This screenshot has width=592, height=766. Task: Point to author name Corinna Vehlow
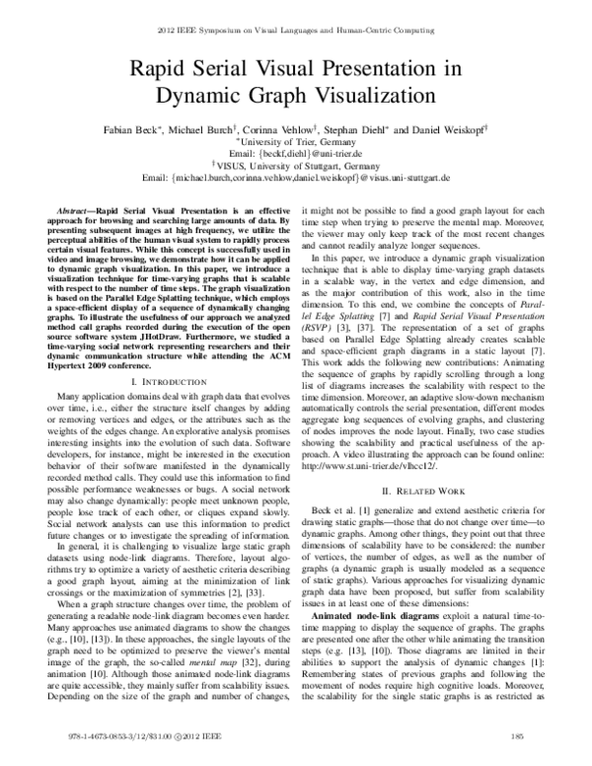click(315, 129)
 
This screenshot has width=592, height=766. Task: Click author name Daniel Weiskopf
click(470, 129)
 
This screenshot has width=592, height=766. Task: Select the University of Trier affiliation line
click(296, 142)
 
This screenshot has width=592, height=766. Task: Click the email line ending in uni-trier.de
click(296, 153)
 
